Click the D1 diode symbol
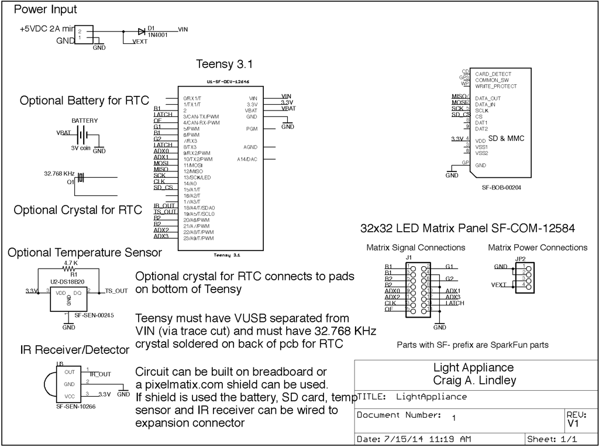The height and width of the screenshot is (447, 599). point(142,31)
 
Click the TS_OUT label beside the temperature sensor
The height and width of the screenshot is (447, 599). point(116,290)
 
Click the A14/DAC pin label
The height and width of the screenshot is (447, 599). point(247,159)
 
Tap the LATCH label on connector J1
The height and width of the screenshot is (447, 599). point(455,302)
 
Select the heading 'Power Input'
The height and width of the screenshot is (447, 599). point(45,10)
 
